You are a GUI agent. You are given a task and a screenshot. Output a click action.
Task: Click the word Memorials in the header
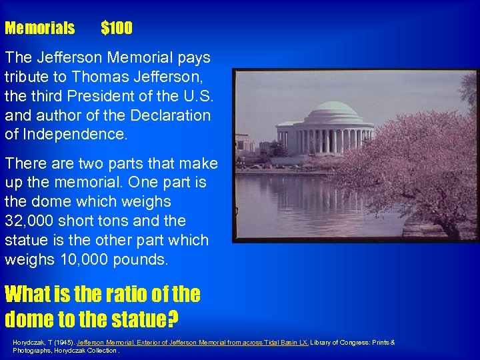point(39,28)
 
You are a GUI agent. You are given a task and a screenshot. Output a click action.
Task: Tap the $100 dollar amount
point(117,28)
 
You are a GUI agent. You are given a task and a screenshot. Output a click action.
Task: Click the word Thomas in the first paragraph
point(96,77)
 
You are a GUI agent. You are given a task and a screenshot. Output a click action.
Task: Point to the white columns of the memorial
point(327,141)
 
